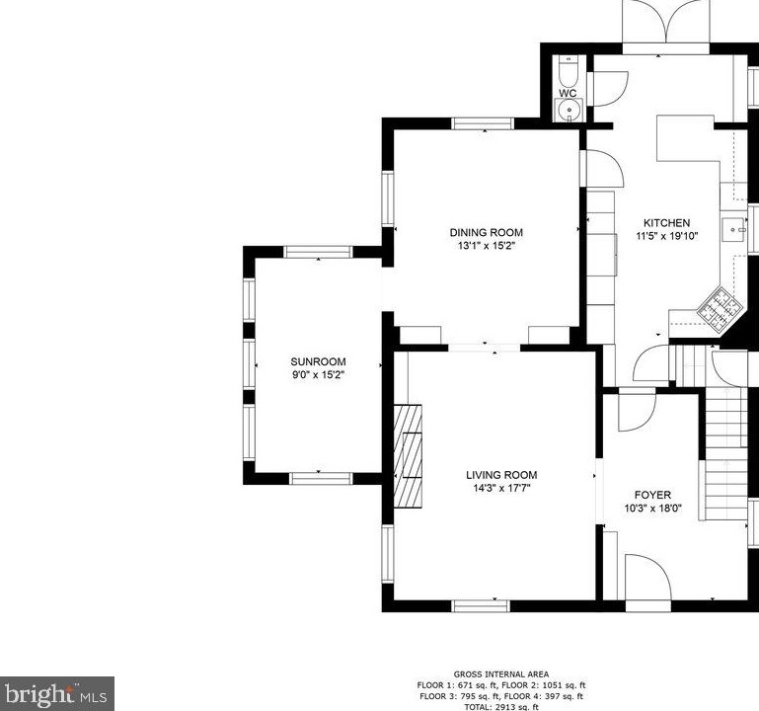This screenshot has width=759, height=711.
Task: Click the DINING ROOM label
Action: point(486,232)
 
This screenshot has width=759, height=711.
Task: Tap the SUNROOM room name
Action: point(318,361)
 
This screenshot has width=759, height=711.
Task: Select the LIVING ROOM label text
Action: point(501,475)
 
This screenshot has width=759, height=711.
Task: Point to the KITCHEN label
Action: point(666,223)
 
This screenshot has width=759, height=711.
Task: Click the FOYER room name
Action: point(653,495)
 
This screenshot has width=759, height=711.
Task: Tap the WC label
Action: point(568,93)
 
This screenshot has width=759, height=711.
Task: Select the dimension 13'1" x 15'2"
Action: point(486,246)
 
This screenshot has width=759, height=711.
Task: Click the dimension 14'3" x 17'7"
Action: point(502,488)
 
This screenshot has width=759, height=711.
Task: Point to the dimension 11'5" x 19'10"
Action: point(666,236)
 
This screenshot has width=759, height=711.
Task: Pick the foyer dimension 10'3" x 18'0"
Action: point(653,509)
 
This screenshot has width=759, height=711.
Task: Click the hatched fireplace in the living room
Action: point(408,456)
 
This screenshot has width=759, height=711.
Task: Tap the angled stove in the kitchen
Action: point(720,309)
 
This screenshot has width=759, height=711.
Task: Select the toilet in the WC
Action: point(569,72)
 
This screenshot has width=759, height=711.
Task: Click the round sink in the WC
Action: point(569,110)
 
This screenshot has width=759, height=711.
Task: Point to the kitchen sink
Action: point(733,230)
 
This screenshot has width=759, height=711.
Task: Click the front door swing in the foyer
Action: point(647,578)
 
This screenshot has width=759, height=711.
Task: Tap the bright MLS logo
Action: point(56,694)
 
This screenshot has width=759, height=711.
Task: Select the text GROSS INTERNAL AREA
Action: point(501,674)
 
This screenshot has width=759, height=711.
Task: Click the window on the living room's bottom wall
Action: point(481,606)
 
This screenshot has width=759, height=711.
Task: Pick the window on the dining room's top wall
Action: point(483,123)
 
